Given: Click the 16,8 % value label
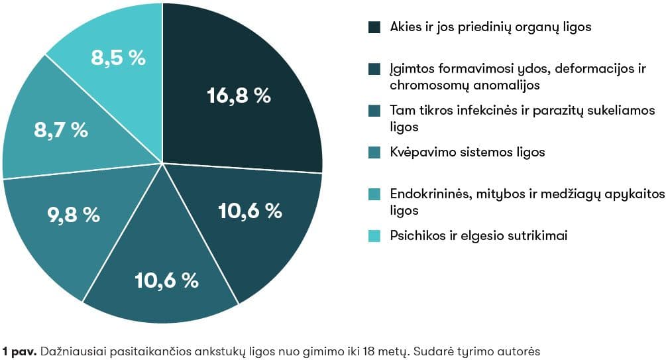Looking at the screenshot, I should (239, 95).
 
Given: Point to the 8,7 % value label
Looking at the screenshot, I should (61, 130).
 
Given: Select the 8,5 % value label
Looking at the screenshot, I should (118, 58).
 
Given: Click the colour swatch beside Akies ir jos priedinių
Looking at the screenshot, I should (374, 27).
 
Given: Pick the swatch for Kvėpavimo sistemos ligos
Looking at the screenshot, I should (374, 152).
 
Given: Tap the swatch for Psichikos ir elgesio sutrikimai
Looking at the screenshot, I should (374, 235).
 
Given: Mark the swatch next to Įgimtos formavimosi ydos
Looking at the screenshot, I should (374, 69).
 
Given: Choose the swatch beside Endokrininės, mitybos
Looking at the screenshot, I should (374, 194).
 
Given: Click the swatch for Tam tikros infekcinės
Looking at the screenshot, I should (374, 111).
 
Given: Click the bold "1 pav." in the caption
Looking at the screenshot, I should (19, 350).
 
